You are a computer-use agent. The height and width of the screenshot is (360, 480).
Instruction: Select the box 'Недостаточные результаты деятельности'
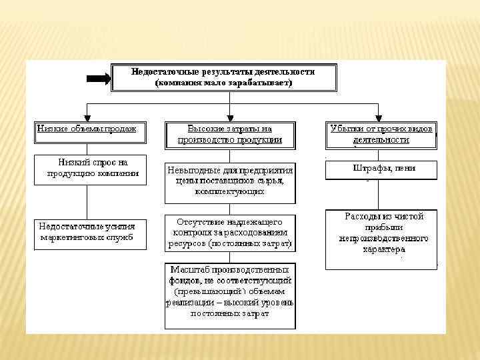pyautogui.click(x=224, y=77)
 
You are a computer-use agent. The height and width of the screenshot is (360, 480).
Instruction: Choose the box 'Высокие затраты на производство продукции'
pyautogui.click(x=230, y=135)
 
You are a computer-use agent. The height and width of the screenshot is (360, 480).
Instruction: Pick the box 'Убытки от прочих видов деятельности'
pyautogui.click(x=381, y=135)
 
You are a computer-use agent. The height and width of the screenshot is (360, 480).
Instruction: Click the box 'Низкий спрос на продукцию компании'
pyautogui.click(x=91, y=169)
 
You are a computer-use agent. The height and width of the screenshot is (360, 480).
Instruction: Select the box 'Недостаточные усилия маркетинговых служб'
pyautogui.click(x=90, y=233)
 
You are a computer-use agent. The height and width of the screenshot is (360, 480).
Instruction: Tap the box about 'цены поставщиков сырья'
pyautogui.click(x=230, y=181)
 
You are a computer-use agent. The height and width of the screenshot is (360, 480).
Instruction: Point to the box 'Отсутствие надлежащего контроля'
pyautogui.click(x=230, y=233)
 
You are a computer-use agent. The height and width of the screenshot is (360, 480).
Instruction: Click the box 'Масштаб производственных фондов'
pyautogui.click(x=230, y=295)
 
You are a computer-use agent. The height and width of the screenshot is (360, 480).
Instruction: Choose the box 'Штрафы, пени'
pyautogui.click(x=381, y=169)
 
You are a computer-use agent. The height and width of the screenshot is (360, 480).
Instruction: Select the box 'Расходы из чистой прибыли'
pyautogui.click(x=381, y=239)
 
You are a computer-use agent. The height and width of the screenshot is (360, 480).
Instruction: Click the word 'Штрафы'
pyautogui.click(x=367, y=168)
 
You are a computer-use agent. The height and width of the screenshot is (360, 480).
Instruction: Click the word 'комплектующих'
pyautogui.click(x=230, y=191)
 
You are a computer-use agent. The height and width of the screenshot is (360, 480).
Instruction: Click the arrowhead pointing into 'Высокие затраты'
pyautogui.click(x=230, y=117)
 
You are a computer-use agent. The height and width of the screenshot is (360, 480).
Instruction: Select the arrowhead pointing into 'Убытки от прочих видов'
pyautogui.click(x=378, y=117)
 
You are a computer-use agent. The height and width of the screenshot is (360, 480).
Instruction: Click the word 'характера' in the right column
pyautogui.click(x=383, y=250)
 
